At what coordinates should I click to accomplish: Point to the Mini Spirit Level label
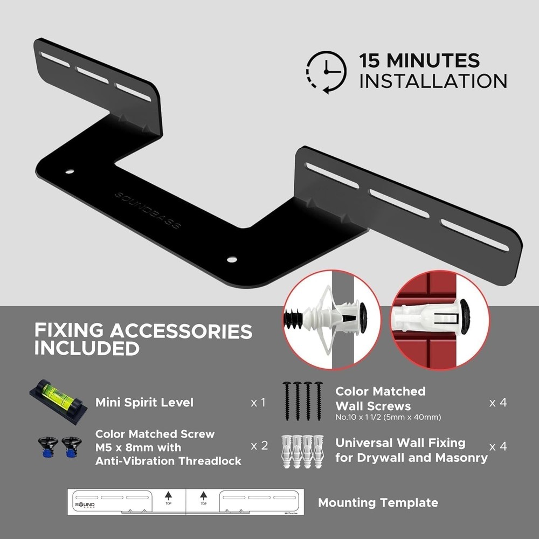tap(144, 403)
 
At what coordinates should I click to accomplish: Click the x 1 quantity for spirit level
tap(258, 403)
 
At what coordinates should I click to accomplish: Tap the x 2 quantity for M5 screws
tap(259, 446)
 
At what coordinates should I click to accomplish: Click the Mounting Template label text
tap(378, 503)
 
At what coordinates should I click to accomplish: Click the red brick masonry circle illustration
tap(439, 320)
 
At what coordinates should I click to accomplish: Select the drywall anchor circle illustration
tap(332, 320)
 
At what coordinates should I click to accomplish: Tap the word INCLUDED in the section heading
tap(87, 348)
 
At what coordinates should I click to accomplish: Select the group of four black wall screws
tap(302, 400)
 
